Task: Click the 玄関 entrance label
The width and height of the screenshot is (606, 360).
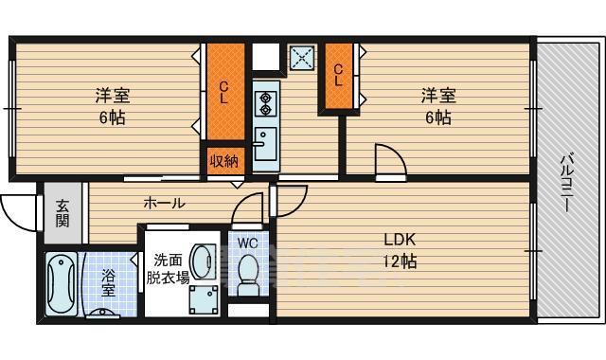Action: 62,213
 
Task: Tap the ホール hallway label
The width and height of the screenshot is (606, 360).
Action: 164,203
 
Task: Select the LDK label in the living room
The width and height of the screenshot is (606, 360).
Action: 400,239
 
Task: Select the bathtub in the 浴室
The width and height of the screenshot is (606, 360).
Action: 62,283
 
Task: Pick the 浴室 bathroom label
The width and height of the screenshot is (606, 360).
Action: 109,283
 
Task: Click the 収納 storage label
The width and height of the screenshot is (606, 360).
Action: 223,161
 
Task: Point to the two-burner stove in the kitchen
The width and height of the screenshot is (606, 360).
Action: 264,99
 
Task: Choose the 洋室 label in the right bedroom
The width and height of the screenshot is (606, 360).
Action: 438,96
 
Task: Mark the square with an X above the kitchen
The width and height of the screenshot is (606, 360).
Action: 303,58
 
